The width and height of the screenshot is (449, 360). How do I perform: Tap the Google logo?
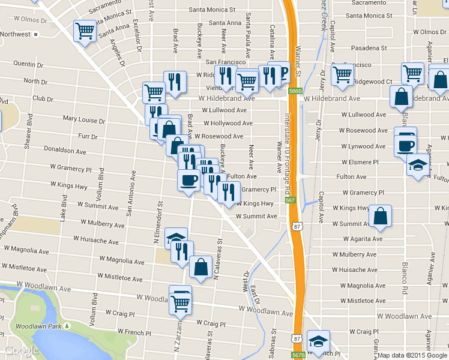22,350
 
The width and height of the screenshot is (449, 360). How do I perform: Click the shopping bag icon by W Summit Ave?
381,217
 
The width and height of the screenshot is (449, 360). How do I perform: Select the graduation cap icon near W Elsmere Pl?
418,164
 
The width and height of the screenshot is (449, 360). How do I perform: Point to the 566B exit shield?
294,91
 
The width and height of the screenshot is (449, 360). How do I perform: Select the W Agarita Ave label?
362,238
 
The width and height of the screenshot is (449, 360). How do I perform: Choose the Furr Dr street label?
88,136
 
